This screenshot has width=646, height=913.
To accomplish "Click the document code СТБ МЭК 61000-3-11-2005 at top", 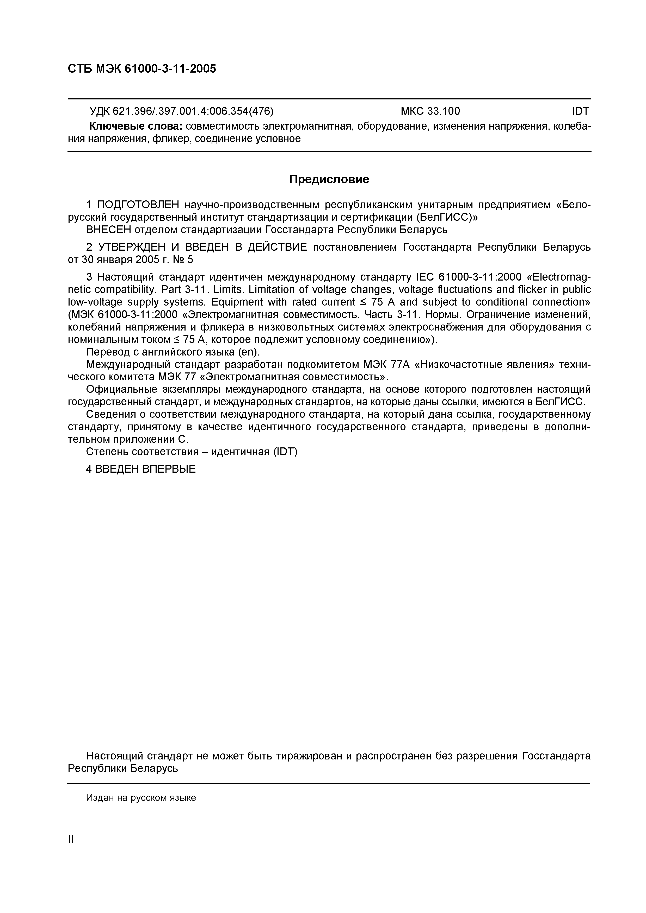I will pos(142,69).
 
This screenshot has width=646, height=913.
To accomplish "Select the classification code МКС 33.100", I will pos(430,111).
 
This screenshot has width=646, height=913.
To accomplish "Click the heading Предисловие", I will pos(329,179).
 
